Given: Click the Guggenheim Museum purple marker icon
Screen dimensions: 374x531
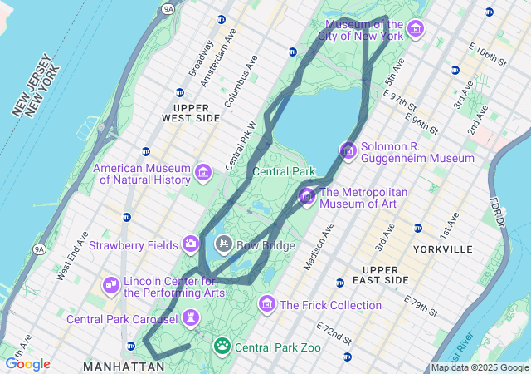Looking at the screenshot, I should pos(348,151).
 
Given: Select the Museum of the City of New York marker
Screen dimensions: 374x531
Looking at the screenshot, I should pos(416,31).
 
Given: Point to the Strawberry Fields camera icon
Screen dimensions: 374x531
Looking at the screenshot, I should pos(191,244).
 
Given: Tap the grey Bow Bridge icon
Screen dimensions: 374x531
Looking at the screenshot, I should pos(223,244).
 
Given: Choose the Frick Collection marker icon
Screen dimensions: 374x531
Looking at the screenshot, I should pos(266,304).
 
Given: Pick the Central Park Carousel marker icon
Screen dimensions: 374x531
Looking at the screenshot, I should pos(191,318).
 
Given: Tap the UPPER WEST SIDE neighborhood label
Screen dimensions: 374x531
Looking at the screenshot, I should pos(197,113).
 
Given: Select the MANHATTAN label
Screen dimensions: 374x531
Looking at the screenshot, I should pos(124,366).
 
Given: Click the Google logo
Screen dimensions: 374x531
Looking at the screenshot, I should pos(27,364).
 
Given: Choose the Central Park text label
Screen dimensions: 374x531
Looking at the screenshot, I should pos(284,171).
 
